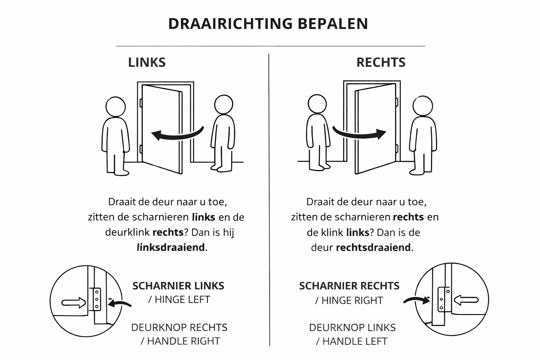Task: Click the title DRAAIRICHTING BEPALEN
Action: [268, 24]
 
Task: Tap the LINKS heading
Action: [147, 62]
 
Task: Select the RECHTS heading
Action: [381, 62]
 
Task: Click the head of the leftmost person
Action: [116, 107]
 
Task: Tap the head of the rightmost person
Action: [423, 105]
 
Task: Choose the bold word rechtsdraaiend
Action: [373, 247]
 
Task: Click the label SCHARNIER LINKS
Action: [178, 286]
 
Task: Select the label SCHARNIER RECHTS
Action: [349, 286]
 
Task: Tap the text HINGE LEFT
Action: [182, 300]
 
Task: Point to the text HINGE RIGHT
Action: [352, 301]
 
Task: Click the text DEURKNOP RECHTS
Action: [179, 328]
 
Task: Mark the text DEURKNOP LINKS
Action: [352, 328]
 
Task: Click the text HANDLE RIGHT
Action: [183, 341]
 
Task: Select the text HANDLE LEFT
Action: [355, 341]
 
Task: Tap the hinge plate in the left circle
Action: [96, 299]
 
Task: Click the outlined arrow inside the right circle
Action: [466, 300]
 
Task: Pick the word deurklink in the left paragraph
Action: [127, 232]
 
